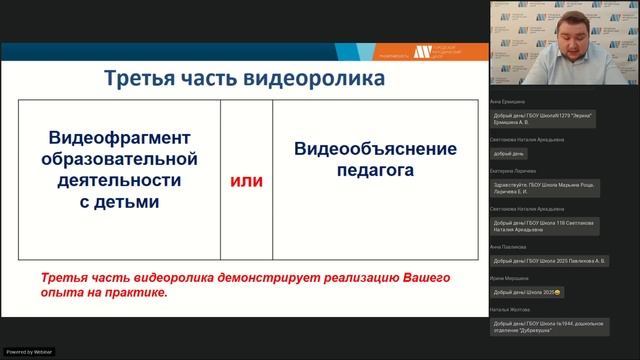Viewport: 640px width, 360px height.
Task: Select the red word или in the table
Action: coord(247,180)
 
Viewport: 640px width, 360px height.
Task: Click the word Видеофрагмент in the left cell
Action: coord(120,137)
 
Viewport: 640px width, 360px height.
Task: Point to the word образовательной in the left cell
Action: coord(120,159)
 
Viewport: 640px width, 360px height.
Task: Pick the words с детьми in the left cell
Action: coord(120,202)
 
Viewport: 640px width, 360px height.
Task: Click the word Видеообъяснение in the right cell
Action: coord(375,149)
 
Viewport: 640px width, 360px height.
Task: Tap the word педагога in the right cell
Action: coord(375,171)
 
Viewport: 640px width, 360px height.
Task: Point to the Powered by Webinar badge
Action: coord(29,352)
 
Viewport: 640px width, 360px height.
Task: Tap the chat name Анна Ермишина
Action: coord(508,102)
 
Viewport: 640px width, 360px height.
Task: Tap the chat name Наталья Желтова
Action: coord(509,309)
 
